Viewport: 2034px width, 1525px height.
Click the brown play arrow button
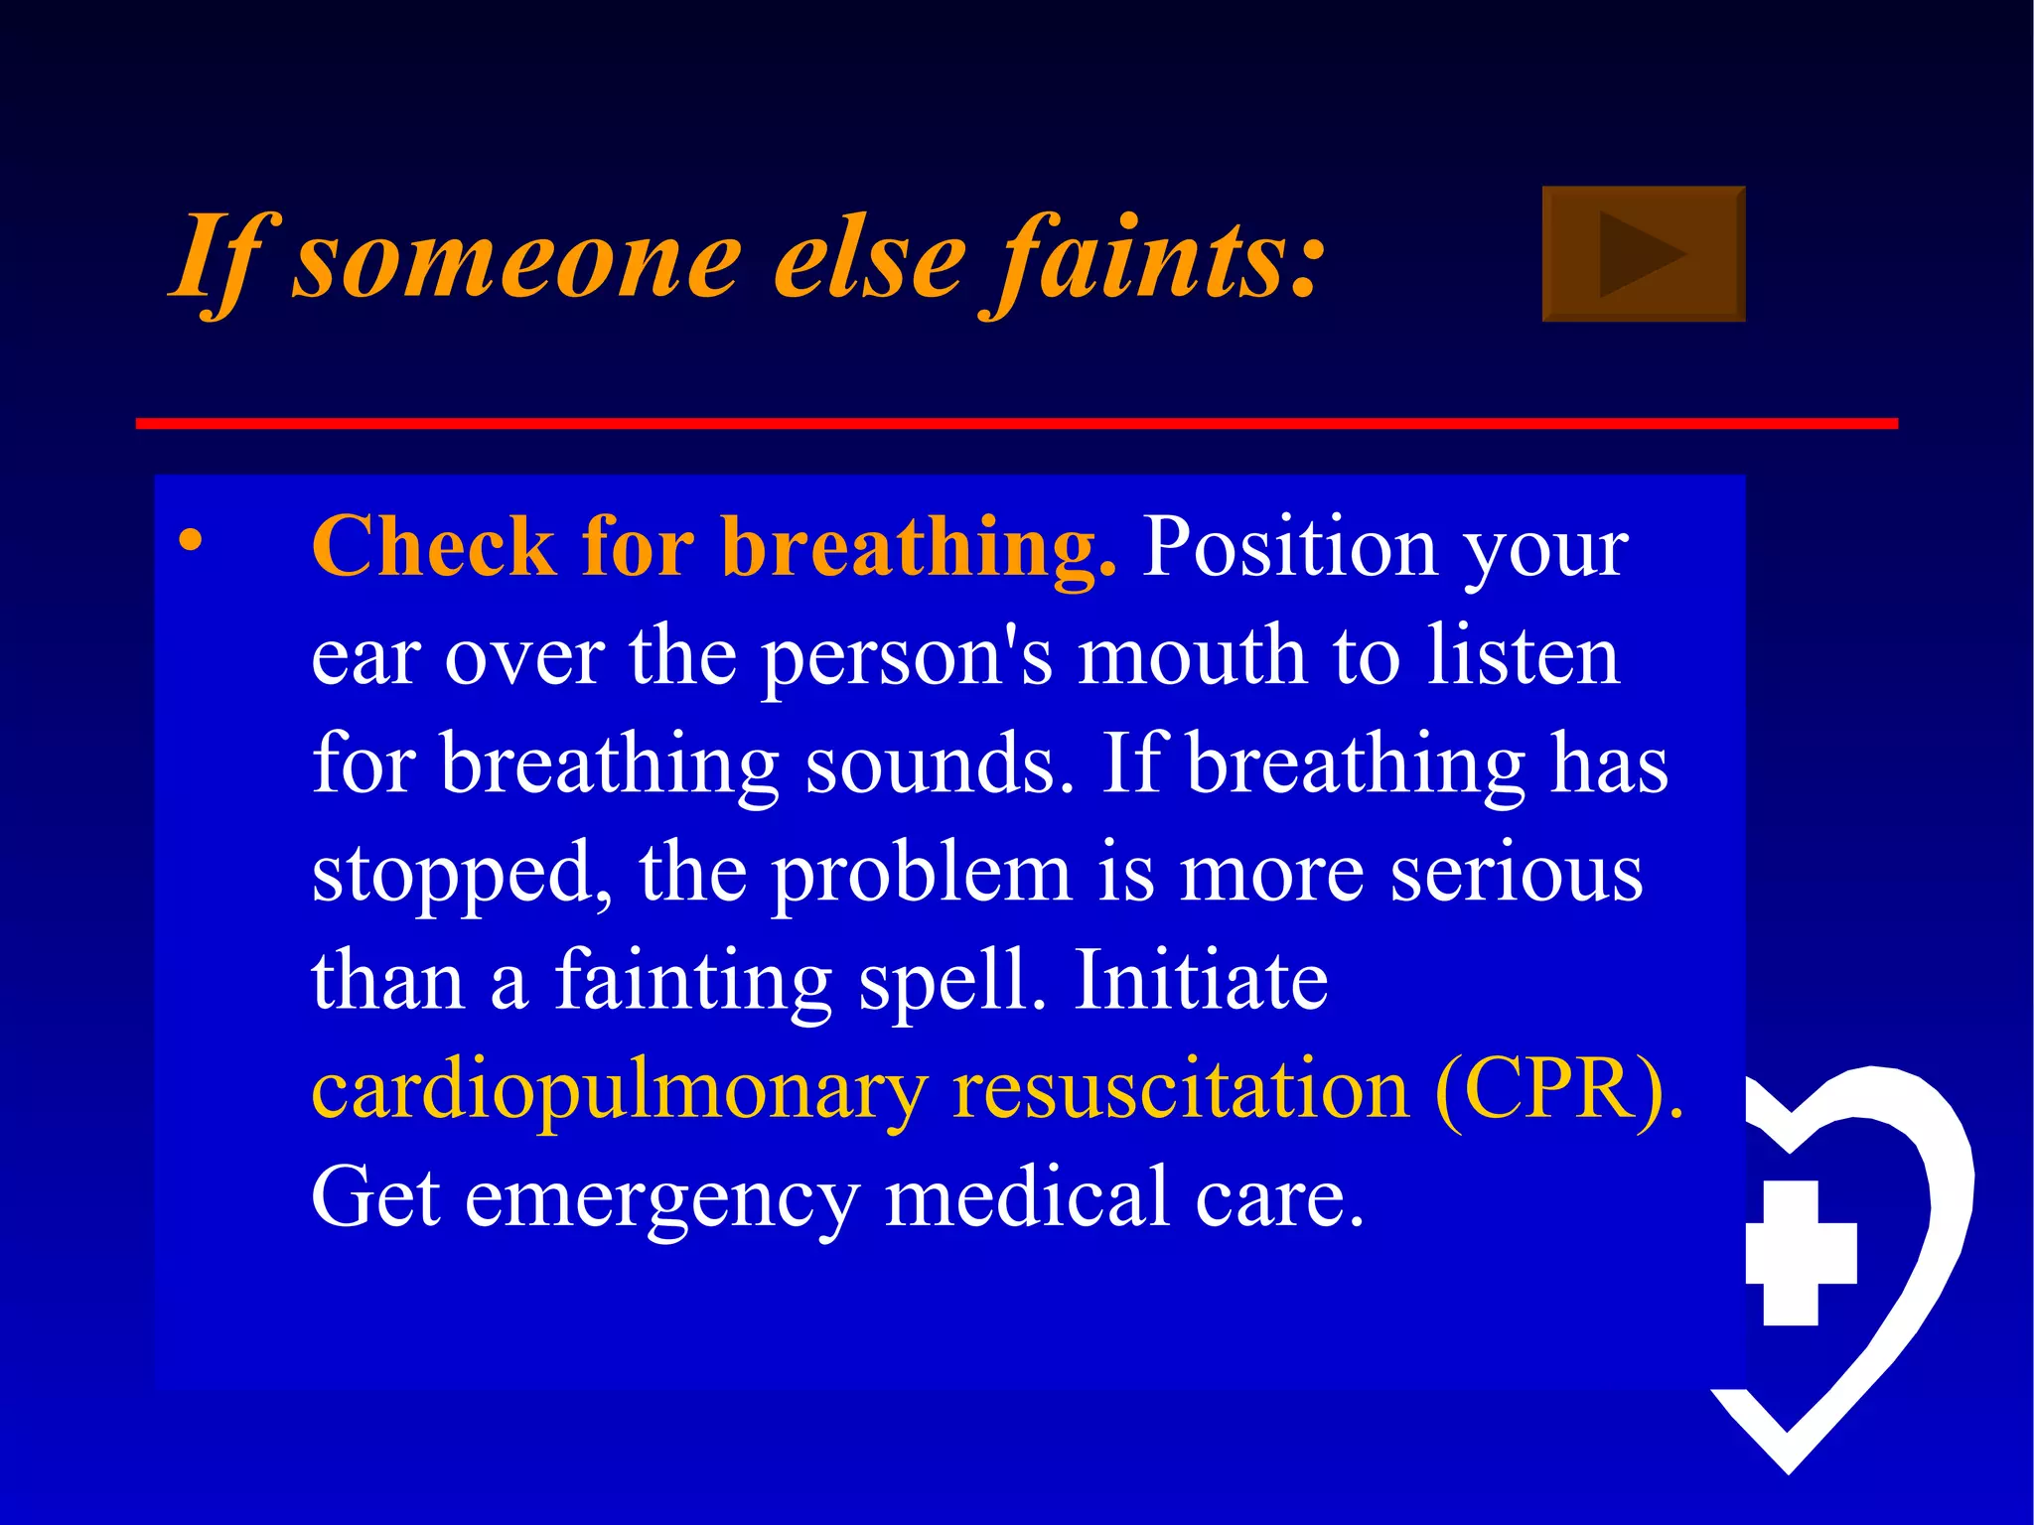coord(1643,254)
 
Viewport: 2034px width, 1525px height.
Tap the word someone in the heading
coord(516,260)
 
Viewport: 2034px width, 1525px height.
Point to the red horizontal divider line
coord(1016,424)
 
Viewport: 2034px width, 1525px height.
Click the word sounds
coord(940,764)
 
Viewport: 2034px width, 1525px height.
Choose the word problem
coord(922,874)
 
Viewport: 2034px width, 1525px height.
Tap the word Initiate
coord(1201,981)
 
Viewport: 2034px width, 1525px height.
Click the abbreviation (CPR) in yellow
coord(1558,1090)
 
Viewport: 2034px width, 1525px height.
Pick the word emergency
coord(662,1198)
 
